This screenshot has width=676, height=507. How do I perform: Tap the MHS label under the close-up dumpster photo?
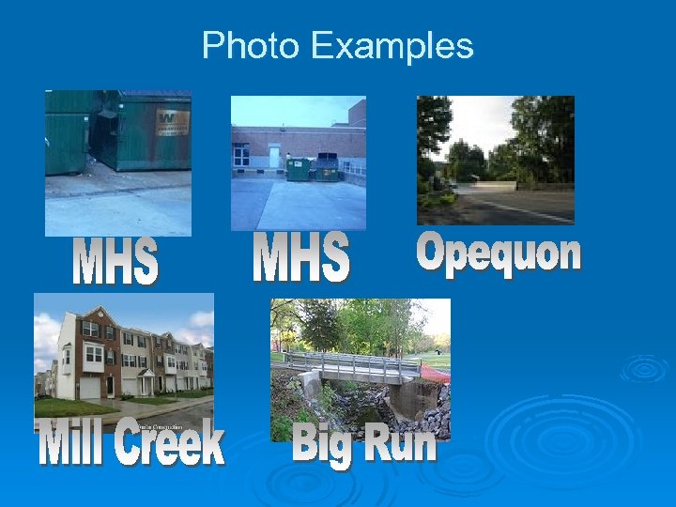[115, 263]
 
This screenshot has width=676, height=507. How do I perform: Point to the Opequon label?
[499, 253]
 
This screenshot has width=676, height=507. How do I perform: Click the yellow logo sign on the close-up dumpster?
[171, 121]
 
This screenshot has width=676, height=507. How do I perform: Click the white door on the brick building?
[274, 156]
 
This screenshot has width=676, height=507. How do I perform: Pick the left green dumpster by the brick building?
[299, 169]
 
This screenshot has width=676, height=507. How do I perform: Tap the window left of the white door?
[242, 156]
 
